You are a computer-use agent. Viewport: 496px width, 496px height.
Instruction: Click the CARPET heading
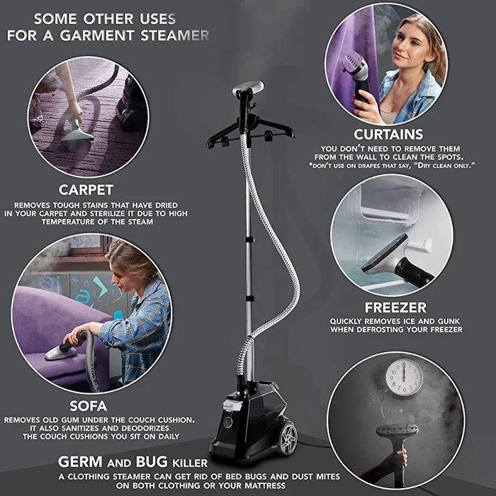pyautogui.click(x=86, y=190)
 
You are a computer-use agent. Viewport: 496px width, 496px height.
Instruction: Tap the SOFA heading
pyautogui.click(x=88, y=406)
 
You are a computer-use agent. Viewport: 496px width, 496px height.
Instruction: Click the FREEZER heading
pyautogui.click(x=395, y=308)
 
